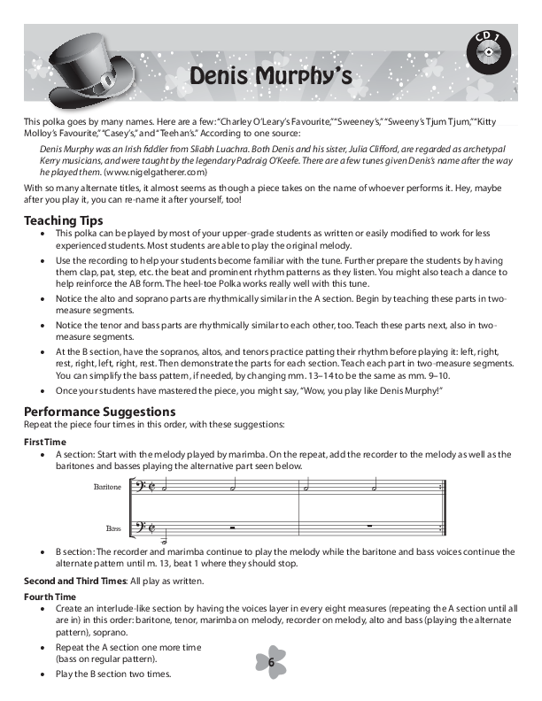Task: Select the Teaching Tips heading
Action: pyautogui.click(x=63, y=220)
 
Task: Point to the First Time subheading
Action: pyautogui.click(x=44, y=441)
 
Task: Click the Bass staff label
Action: pyautogui.click(x=113, y=528)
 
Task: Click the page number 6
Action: pyautogui.click(x=271, y=663)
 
